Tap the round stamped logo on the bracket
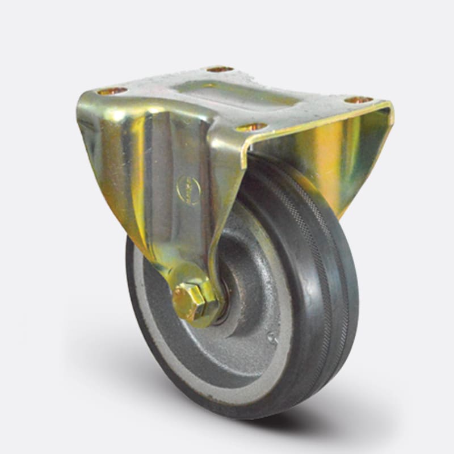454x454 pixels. point(189,190)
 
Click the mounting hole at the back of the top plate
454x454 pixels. point(220,69)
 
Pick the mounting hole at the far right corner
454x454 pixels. point(359,100)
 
